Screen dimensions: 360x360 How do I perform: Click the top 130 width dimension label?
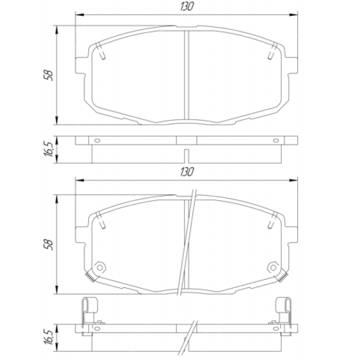(187, 6)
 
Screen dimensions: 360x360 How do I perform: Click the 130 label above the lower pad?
(187, 172)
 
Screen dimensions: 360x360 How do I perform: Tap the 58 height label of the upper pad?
(48, 75)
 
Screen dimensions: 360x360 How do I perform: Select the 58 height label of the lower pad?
(48, 245)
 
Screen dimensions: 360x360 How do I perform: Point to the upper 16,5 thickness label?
(48, 149)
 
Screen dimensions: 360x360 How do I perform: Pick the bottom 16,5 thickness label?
(48, 337)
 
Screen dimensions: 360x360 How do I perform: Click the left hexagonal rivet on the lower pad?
(100, 268)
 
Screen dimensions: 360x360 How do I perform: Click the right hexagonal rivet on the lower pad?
(273, 268)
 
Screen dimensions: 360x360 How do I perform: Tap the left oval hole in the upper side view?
(97, 140)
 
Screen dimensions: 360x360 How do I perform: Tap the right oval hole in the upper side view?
(276, 140)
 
